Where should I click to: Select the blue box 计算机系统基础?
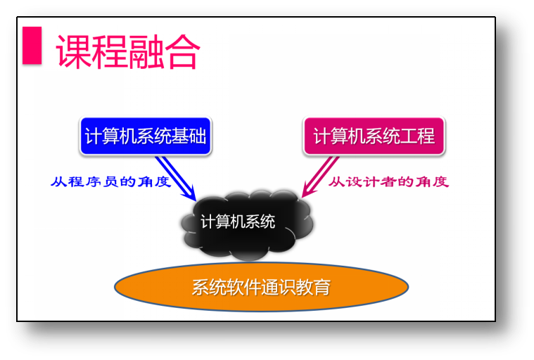point(145,136)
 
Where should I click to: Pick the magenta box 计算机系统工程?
point(374,136)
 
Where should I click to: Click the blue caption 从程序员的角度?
point(110,181)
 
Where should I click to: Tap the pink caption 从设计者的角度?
point(388,181)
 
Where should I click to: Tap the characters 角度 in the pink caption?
point(431,181)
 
